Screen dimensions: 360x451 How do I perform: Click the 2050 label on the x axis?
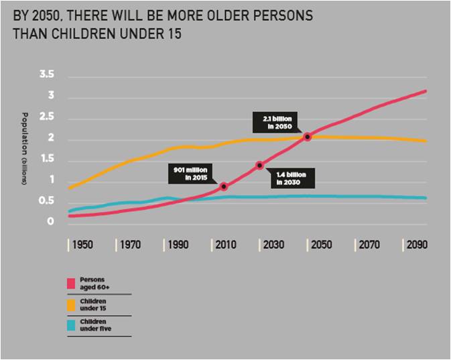pyautogui.click(x=320, y=245)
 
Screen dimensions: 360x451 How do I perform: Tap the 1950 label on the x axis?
pyautogui.click(x=83, y=245)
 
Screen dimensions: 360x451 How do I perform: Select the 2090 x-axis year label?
pyautogui.click(x=416, y=245)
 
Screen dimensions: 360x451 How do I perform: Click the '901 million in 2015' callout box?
pyautogui.click(x=191, y=174)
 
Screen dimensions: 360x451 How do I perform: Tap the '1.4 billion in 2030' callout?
pyautogui.click(x=292, y=178)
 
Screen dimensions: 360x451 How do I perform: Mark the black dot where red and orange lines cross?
pyautogui.click(x=308, y=137)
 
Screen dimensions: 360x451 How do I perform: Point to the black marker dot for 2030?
pyautogui.click(x=260, y=165)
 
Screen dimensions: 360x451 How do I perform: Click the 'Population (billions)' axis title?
pyautogui.click(x=24, y=149)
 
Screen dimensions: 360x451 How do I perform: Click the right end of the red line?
pyautogui.click(x=426, y=91)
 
